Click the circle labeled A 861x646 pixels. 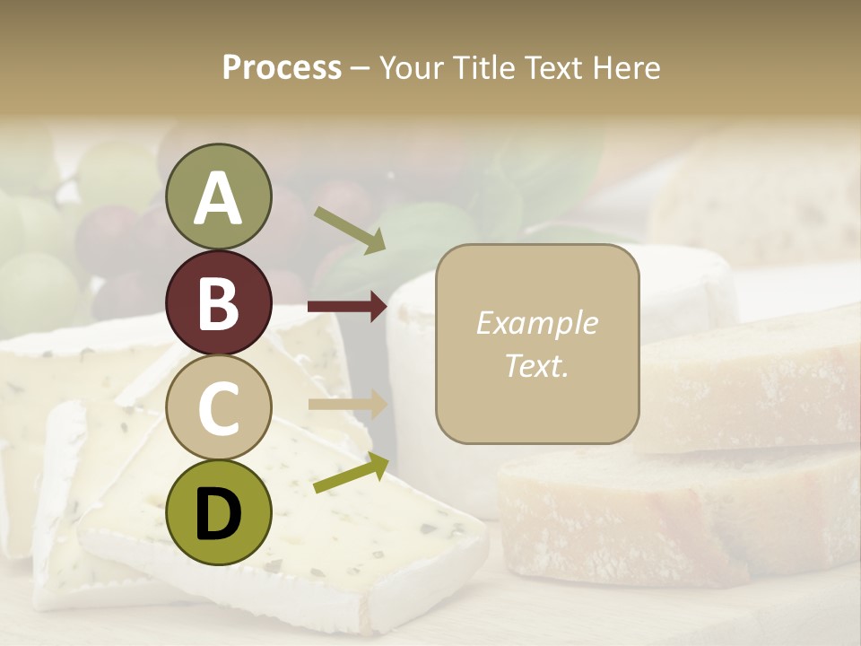click(218, 196)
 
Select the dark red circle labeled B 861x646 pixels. click(218, 302)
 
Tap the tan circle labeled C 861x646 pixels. click(218, 407)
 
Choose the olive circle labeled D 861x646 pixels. click(218, 512)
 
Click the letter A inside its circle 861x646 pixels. click(218, 198)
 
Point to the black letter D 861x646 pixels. click(218, 514)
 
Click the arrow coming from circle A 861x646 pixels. click(351, 229)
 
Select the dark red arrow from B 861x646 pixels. click(347, 307)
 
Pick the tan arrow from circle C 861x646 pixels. click(347, 404)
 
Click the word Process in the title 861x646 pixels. click(282, 68)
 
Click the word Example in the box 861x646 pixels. click(537, 323)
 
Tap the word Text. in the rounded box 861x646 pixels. click(537, 365)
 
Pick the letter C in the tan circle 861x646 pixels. click(218, 408)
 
